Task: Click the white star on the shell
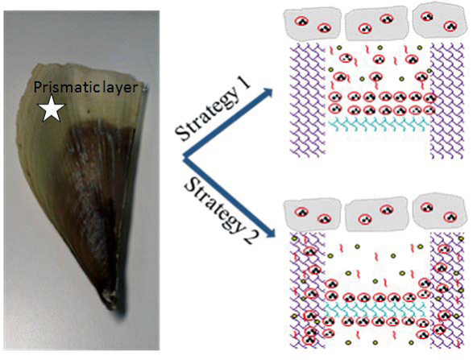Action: pyautogui.click(x=52, y=110)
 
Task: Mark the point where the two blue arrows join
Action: pyautogui.click(x=185, y=157)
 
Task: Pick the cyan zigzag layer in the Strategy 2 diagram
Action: pyautogui.click(x=375, y=308)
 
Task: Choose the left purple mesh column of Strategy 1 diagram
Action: pyautogui.click(x=308, y=100)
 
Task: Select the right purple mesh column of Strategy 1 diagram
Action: pyautogui.click(x=446, y=101)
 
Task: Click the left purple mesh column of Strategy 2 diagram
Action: pyautogui.click(x=308, y=290)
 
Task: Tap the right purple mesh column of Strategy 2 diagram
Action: pyautogui.click(x=446, y=291)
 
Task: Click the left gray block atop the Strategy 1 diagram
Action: pyautogui.click(x=313, y=24)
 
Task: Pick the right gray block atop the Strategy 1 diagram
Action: pyautogui.click(x=438, y=22)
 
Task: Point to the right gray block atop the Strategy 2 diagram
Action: pyautogui.click(x=438, y=211)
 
